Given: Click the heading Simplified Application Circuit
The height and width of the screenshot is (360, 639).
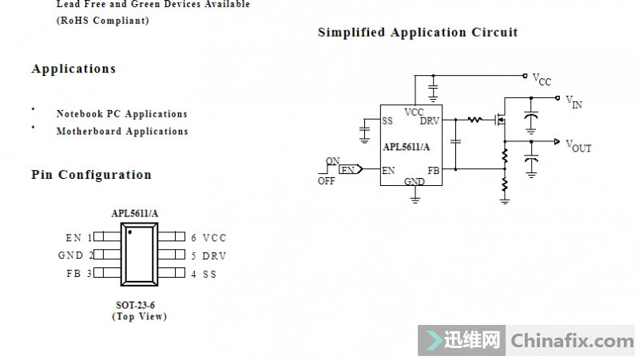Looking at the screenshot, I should click(417, 33).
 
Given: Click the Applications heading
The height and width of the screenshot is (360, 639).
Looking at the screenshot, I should click(73, 69).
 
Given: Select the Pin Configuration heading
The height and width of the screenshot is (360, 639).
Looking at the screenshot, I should click(91, 175).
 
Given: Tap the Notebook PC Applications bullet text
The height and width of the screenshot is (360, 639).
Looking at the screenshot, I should click(121, 114).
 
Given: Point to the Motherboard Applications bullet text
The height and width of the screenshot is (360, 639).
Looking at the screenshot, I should click(122, 132).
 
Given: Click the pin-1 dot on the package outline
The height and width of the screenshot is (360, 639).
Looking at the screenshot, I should click(129, 233).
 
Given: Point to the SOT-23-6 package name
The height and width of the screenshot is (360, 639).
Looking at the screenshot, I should click(135, 306).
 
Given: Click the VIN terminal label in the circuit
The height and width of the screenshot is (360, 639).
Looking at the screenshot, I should click(574, 101).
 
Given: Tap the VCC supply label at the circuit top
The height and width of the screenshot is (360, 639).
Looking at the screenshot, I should click(542, 79).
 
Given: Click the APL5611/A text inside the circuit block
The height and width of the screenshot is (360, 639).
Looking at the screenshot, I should click(406, 147).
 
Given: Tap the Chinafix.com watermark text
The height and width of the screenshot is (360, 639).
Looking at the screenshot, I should click(572, 341).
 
